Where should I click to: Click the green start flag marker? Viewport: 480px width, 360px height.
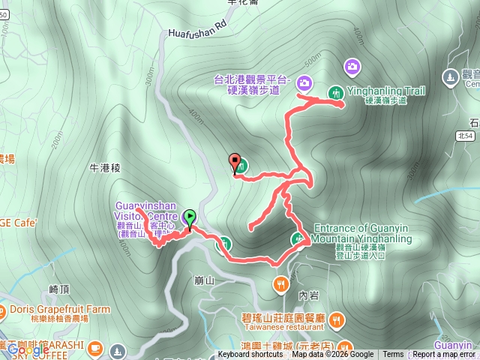(x=190, y=218)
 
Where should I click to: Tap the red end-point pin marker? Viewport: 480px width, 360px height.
(x=235, y=162)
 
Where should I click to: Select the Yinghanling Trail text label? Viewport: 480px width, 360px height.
(x=386, y=91)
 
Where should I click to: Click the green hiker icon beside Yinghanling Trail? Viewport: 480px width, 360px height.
(x=334, y=92)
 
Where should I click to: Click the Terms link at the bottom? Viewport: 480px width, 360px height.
(x=393, y=355)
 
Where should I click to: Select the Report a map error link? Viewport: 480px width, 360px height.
(x=444, y=355)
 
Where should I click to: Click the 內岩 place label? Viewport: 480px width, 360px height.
(x=308, y=295)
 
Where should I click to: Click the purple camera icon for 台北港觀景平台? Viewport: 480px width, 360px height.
(x=304, y=82)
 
